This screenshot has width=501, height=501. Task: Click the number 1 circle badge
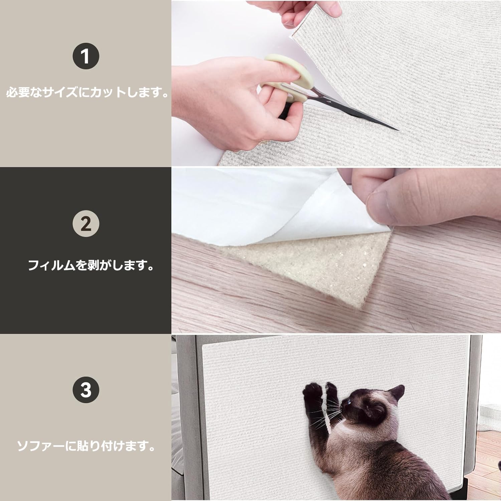(x=86, y=56)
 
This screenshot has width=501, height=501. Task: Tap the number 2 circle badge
(x=86, y=224)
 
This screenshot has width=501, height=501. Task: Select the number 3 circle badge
(x=86, y=389)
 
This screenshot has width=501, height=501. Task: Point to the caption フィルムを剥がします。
(x=91, y=265)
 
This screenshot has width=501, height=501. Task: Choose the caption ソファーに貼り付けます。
(x=86, y=446)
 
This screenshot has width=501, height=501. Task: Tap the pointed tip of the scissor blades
(x=398, y=130)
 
